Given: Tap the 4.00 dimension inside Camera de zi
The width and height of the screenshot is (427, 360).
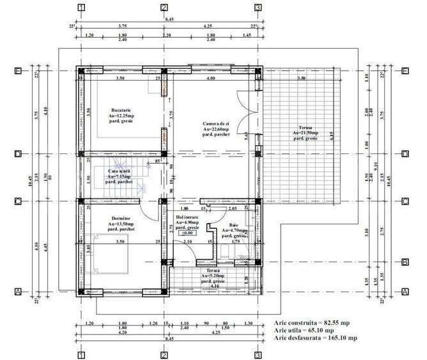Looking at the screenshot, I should (210, 78).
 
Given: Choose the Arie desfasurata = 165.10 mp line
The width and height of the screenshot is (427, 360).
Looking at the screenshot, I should (315, 338).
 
